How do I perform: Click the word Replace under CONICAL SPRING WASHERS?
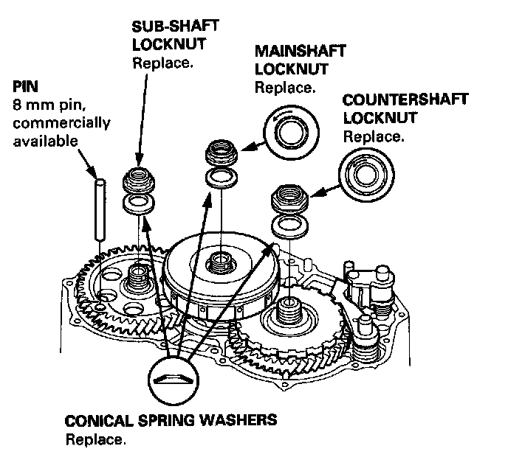click(95, 439)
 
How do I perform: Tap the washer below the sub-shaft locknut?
click(137, 203)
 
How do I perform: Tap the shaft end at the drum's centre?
click(219, 261)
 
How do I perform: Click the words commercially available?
click(63, 130)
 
